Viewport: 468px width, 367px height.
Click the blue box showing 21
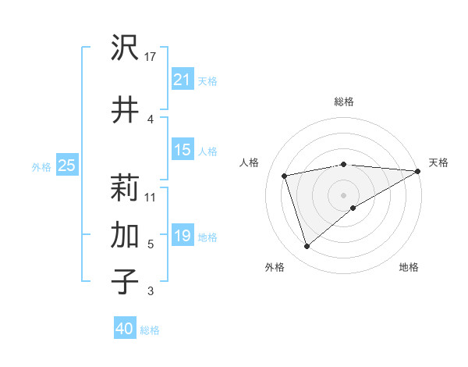(183, 79)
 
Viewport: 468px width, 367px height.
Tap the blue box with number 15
(183, 150)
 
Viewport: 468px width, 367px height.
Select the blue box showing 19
(183, 236)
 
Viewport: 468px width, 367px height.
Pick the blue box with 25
(67, 165)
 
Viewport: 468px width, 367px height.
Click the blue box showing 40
(125, 329)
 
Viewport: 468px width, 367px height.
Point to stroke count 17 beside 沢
(151, 56)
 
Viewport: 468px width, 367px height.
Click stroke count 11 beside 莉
(151, 196)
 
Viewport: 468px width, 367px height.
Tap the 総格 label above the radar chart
(344, 102)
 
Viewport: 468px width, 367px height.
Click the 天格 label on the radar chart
(438, 162)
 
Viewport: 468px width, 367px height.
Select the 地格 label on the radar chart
(409, 267)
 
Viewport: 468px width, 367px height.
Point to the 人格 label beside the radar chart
(250, 162)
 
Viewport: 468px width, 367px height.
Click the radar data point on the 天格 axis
(419, 171)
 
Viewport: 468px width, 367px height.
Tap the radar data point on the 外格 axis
(307, 247)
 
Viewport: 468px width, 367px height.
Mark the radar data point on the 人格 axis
(285, 176)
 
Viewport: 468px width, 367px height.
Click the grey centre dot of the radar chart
(344, 194)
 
